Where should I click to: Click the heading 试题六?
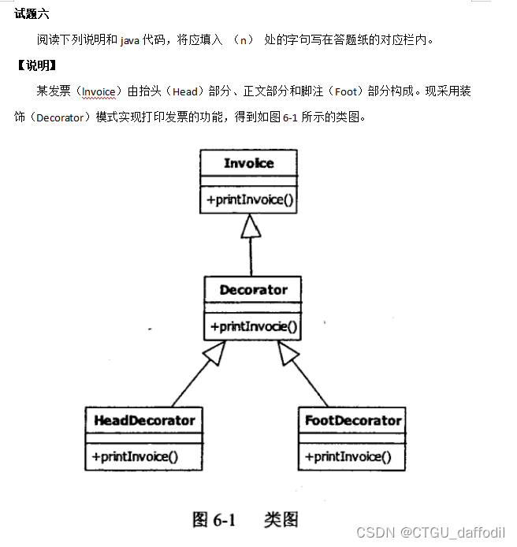point(32,13)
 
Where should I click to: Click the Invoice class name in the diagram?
point(248,163)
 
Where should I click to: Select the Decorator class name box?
point(253,289)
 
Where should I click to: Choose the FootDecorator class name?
point(353,420)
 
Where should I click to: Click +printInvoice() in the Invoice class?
point(250,200)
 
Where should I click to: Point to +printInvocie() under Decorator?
point(254,326)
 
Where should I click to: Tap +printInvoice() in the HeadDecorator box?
point(135,456)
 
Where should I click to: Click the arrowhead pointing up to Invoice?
point(250,226)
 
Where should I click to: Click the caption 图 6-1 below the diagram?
point(214,519)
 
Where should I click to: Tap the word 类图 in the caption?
point(281,519)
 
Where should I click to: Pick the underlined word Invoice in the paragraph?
point(99,91)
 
